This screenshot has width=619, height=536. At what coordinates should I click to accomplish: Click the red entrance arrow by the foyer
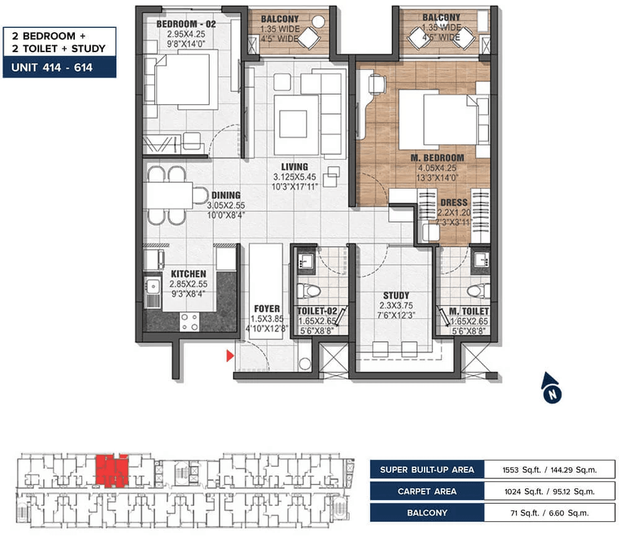pyautogui.click(x=230, y=356)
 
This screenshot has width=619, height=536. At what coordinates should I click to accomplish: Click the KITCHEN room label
pyautogui.click(x=188, y=274)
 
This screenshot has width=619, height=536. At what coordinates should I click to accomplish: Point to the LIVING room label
pyautogui.click(x=294, y=167)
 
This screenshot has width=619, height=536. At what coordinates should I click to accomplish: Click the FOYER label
pyautogui.click(x=267, y=309)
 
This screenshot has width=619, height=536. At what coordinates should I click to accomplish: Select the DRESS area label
pyautogui.click(x=454, y=203)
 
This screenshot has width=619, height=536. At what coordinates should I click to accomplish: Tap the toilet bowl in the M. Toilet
pyautogui.click(x=477, y=290)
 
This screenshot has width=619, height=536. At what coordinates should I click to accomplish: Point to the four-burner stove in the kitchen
pyautogui.click(x=190, y=321)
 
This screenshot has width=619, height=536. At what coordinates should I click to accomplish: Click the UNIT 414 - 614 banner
pyautogui.click(x=59, y=67)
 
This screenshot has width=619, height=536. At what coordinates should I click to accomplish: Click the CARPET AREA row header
pyautogui.click(x=427, y=491)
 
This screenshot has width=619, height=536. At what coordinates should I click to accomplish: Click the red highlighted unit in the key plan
pyautogui.click(x=111, y=471)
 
